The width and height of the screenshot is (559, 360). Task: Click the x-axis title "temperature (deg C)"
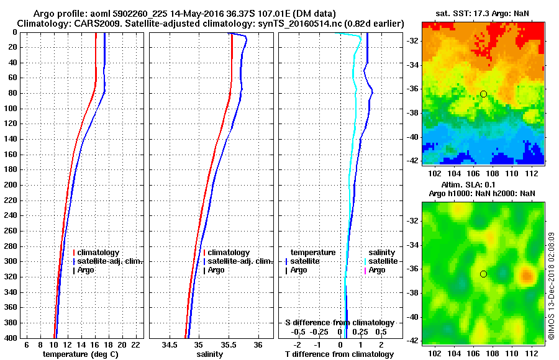(80, 354)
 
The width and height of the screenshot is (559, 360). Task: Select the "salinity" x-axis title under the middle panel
(209, 354)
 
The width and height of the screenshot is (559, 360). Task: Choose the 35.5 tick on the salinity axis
(229, 344)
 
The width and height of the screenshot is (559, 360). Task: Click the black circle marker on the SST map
(483, 94)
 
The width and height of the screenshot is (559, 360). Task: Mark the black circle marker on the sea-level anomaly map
(483, 274)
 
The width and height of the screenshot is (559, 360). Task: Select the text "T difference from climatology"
(339, 354)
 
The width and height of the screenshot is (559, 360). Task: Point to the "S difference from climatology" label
(339, 323)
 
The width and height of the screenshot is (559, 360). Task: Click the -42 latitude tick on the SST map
(412, 160)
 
